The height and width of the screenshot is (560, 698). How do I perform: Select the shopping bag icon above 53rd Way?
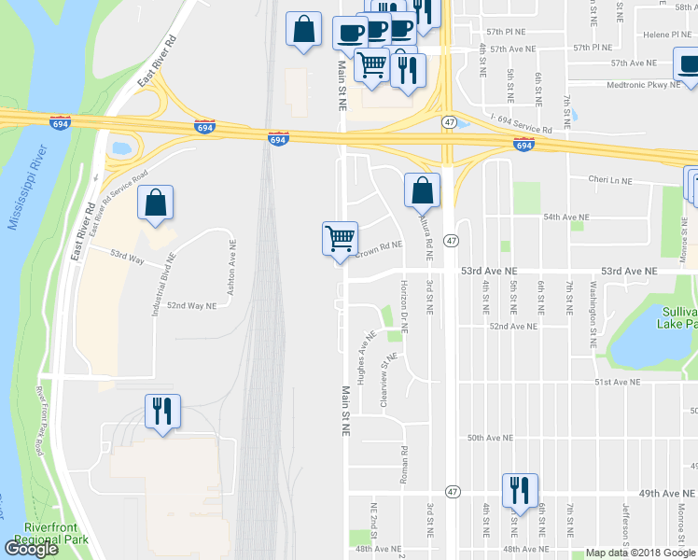(x=156, y=203)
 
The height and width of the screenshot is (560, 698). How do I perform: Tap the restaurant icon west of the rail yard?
(x=163, y=411)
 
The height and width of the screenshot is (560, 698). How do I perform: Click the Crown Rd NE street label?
(x=378, y=246)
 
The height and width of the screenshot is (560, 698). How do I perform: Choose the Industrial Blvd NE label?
(x=158, y=288)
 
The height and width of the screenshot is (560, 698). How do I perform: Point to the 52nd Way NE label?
(x=191, y=305)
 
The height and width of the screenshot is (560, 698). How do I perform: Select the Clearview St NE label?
(x=384, y=379)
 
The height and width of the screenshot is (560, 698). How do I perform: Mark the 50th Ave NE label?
(x=491, y=438)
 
